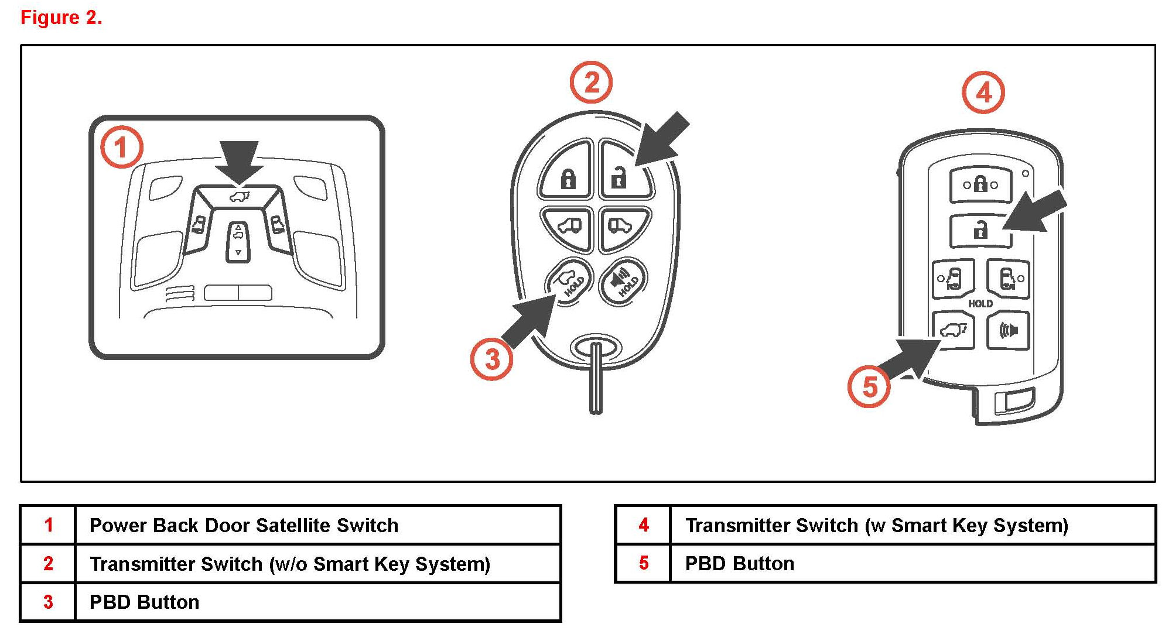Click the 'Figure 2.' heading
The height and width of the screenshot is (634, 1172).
(61, 18)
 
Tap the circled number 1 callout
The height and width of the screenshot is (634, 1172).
(121, 147)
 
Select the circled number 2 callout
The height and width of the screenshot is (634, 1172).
(591, 83)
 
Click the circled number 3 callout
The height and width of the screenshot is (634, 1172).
(492, 359)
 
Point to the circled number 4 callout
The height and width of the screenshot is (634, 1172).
(983, 92)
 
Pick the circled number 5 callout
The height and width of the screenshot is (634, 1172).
(869, 386)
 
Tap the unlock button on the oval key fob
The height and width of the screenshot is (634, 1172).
(622, 173)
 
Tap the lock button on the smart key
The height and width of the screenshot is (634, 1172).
(980, 185)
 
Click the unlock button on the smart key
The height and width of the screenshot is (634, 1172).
(980, 230)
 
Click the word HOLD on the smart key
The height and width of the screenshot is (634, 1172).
(980, 303)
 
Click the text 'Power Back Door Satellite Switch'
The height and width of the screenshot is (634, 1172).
(244, 525)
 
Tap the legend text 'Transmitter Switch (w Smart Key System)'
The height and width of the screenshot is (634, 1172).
(876, 525)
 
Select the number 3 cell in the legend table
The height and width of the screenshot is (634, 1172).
(48, 602)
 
